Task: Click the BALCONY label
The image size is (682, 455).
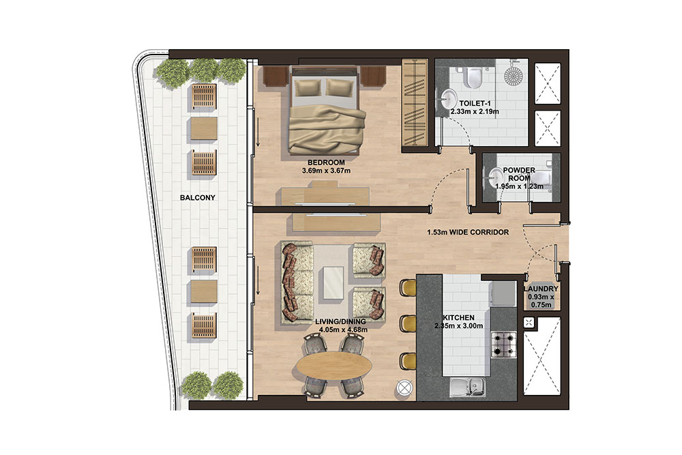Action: (197, 198)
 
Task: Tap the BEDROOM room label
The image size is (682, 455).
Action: (326, 162)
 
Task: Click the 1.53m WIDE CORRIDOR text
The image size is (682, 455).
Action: (468, 233)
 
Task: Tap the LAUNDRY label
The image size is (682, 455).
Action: (542, 289)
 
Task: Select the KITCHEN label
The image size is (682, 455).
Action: (458, 318)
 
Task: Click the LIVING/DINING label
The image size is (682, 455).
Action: (343, 321)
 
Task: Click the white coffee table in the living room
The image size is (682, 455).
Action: (334, 281)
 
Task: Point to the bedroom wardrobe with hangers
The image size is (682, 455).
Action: (413, 102)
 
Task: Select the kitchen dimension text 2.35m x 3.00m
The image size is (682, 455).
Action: (458, 326)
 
